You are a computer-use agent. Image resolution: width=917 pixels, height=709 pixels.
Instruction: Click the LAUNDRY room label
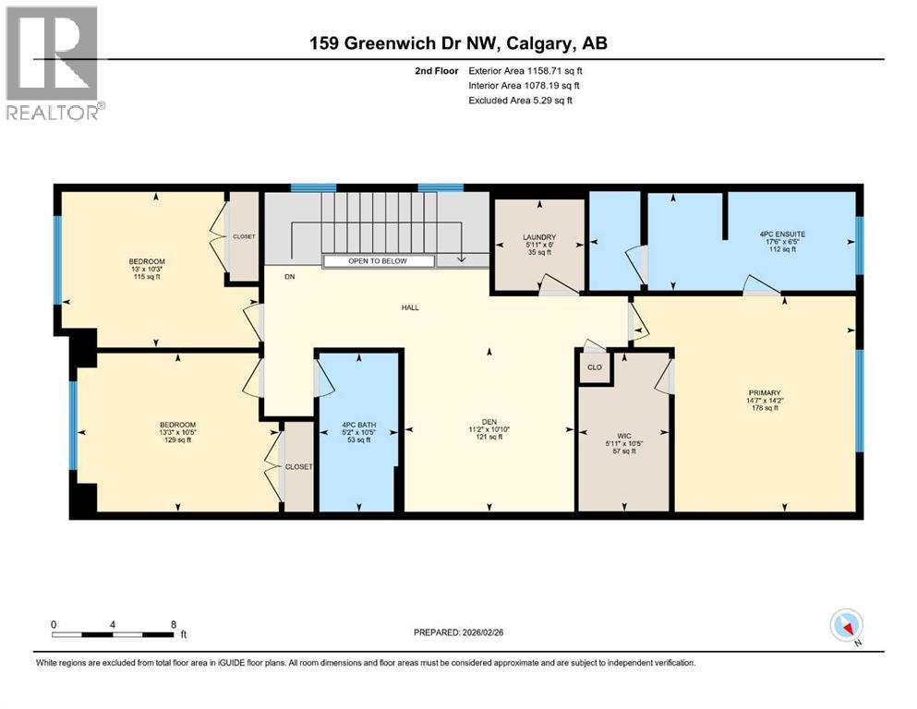[x=539, y=237]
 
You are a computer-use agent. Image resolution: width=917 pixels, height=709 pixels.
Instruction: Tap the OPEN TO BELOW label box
[x=378, y=261]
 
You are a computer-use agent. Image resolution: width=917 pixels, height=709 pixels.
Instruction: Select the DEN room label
[x=489, y=421]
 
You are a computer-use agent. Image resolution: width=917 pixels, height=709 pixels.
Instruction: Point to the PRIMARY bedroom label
[x=764, y=392]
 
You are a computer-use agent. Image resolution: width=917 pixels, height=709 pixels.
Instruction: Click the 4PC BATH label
[x=359, y=427]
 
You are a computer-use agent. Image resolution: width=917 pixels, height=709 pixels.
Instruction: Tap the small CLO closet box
[x=595, y=367]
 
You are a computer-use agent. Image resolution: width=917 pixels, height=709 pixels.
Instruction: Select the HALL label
[x=410, y=307]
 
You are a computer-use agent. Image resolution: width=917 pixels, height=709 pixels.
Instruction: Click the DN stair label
[x=289, y=276]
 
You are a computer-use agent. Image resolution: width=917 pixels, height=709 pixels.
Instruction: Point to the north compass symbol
[x=846, y=627]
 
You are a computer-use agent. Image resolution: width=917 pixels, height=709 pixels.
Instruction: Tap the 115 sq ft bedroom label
[x=147, y=276]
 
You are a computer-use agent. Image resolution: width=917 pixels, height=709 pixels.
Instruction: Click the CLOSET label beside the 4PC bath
[x=298, y=467]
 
